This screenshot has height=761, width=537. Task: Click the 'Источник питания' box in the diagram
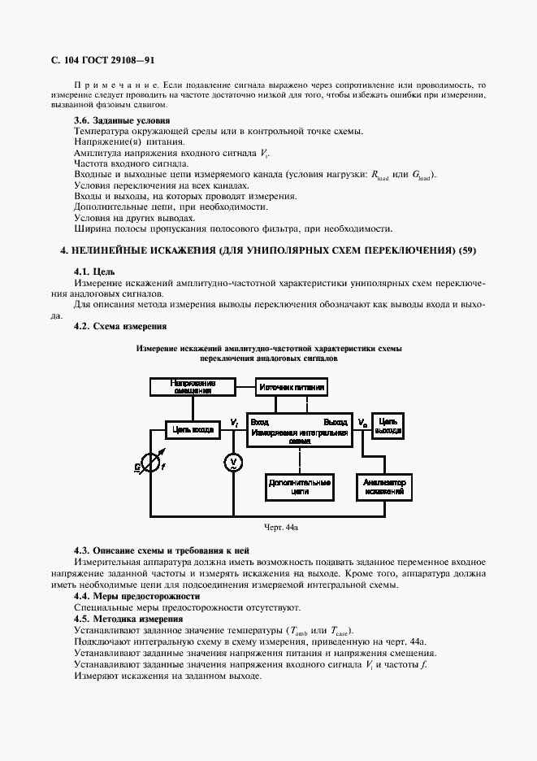click(x=292, y=388)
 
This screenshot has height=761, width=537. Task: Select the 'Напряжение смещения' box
click(x=193, y=386)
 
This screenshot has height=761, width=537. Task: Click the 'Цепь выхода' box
click(x=388, y=425)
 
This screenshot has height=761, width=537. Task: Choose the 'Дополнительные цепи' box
click(x=300, y=487)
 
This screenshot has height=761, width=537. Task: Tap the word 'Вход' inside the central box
click(x=260, y=423)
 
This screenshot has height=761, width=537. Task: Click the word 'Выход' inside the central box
click(x=336, y=423)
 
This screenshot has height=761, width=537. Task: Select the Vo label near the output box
click(x=362, y=423)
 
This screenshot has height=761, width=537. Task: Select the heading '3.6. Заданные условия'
click(x=118, y=121)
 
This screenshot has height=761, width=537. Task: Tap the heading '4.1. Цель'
click(x=94, y=271)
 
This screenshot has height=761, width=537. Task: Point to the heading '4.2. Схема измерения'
click(x=120, y=326)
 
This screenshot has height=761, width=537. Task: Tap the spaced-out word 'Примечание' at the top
click(x=114, y=85)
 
